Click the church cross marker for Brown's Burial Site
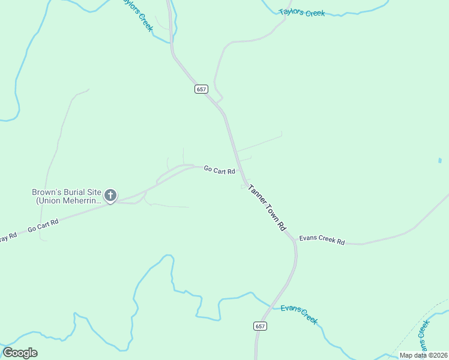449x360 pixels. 110,195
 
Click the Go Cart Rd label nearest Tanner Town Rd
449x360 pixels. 219,170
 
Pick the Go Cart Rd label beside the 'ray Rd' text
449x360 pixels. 43,226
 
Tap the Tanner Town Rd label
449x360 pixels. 267,207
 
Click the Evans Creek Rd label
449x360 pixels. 322,240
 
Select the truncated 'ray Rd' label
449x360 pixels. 8,235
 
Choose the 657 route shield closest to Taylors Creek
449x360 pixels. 201,89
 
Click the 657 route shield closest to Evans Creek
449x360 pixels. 259,326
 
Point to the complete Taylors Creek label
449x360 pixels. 302,12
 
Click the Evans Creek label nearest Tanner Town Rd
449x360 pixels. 298,313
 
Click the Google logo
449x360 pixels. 20,353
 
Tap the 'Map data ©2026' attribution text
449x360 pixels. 423,355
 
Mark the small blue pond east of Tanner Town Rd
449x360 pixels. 440,160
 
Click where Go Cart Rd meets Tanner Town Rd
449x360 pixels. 243,178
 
